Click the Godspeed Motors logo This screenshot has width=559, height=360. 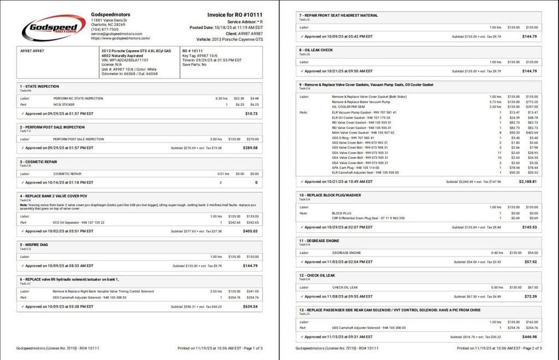[53, 27]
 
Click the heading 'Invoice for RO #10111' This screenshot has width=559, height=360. [235, 15]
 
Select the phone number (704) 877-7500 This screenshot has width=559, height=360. [105, 29]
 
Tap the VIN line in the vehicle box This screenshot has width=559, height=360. [125, 60]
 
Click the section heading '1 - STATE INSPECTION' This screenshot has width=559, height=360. [39, 86]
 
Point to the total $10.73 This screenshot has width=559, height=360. [251, 113]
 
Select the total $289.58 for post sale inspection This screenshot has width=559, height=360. [250, 148]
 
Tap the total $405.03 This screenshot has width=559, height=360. [250, 231]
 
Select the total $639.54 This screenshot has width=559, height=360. [250, 307]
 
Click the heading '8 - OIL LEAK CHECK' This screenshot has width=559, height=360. [316, 50]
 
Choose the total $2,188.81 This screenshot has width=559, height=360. [528, 182]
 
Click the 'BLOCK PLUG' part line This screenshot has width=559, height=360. [342, 213]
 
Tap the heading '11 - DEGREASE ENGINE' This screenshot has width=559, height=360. [319, 240]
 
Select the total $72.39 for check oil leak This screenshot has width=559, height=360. [530, 297]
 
